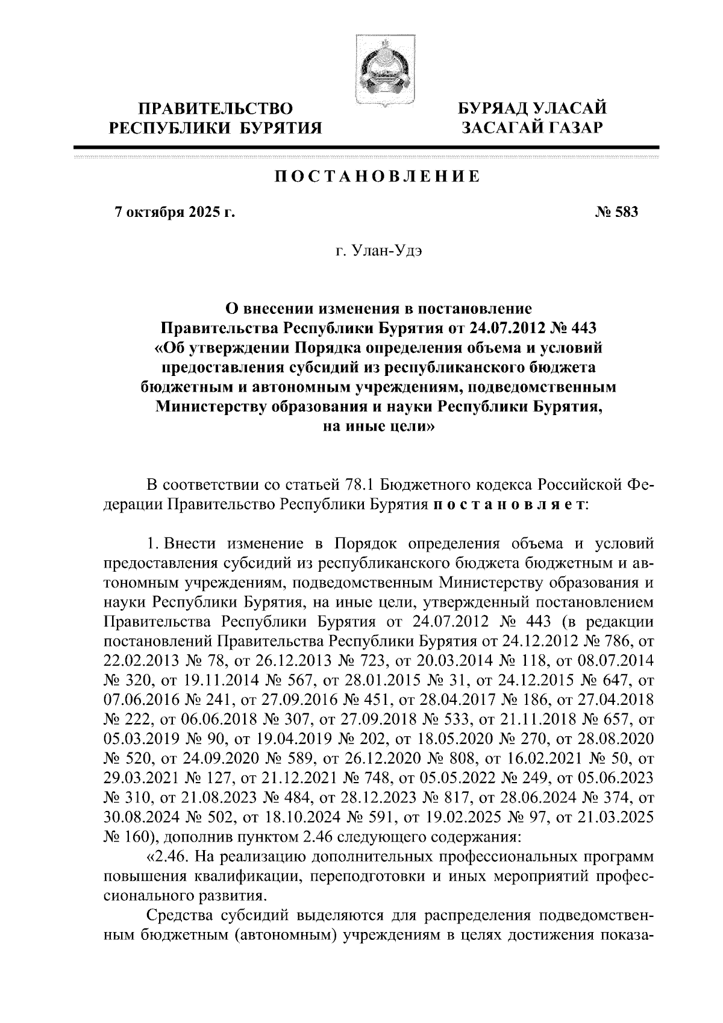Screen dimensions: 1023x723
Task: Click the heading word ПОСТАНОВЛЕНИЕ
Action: (x=377, y=177)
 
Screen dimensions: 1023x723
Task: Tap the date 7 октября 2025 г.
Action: (x=174, y=212)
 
